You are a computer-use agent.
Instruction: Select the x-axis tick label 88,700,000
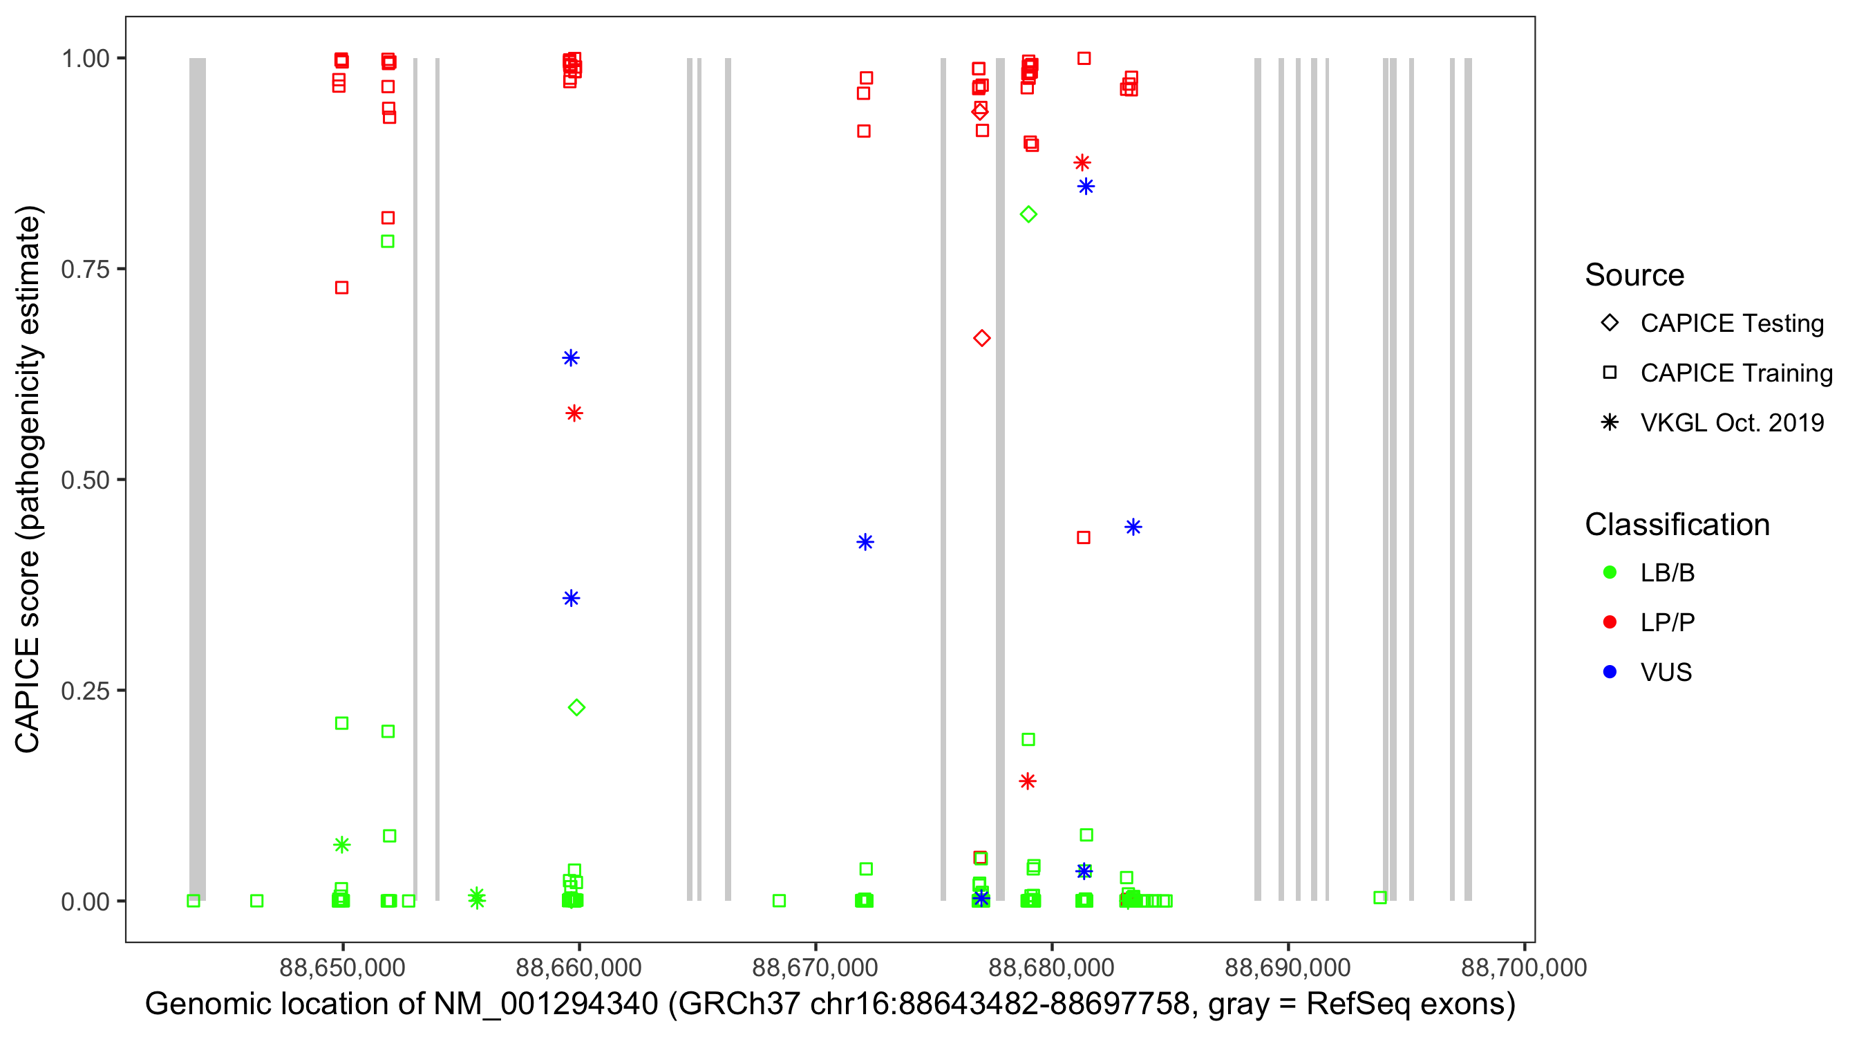[x=1523, y=967]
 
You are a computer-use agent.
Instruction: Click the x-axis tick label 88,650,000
[x=342, y=967]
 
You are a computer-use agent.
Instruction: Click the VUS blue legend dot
[x=1610, y=672]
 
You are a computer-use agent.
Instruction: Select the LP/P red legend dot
[x=1610, y=622]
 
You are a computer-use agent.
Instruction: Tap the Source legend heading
[x=1634, y=275]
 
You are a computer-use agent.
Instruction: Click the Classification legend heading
[x=1676, y=525]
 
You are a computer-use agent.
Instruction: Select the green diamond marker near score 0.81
[x=1028, y=214]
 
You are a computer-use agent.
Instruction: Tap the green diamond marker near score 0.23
[x=576, y=707]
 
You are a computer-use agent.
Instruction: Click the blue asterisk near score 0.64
[x=571, y=358]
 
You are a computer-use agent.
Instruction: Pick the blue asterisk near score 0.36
[x=572, y=598]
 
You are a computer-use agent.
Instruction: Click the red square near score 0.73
[x=342, y=288]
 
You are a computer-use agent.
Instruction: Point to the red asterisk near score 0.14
[x=1027, y=781]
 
